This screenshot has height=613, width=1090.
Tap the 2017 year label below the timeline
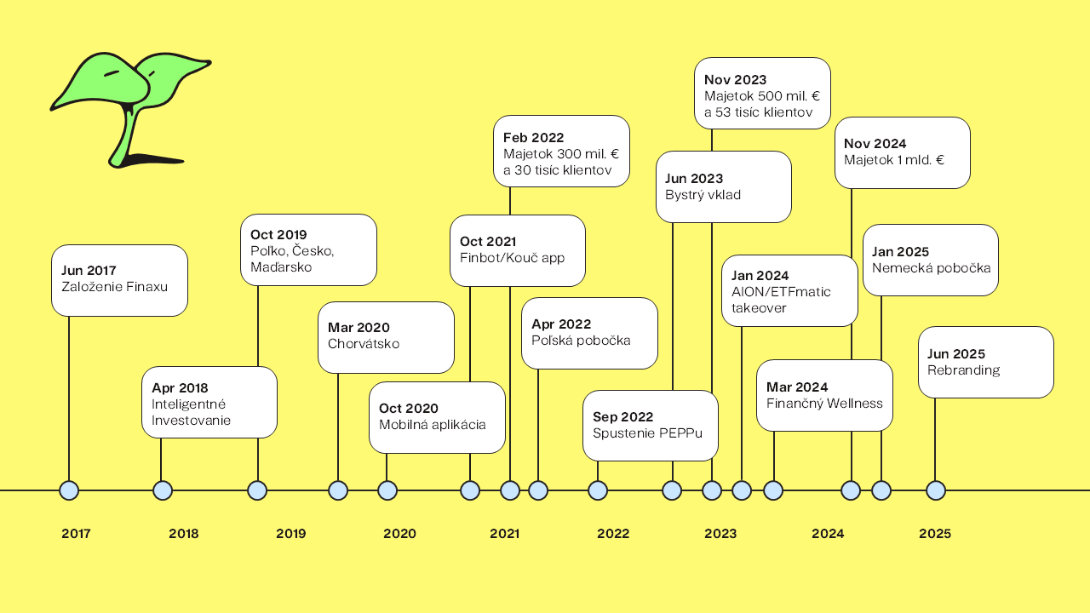pyautogui.click(x=76, y=534)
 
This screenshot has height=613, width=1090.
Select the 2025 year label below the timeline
pyautogui.click(x=935, y=534)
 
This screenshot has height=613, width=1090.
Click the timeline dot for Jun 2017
pyautogui.click(x=69, y=490)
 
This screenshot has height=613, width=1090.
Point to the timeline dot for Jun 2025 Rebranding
pyautogui.click(x=935, y=490)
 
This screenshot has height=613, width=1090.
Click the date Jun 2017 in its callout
pyautogui.click(x=89, y=271)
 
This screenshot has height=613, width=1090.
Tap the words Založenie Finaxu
pyautogui.click(x=114, y=287)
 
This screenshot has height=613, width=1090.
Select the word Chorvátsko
pyautogui.click(x=364, y=344)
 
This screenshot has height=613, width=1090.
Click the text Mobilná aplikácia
pyautogui.click(x=432, y=425)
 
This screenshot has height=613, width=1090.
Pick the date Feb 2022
pyautogui.click(x=533, y=138)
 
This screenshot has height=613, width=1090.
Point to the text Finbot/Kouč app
pyautogui.click(x=512, y=258)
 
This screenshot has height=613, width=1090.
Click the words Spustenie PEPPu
pyautogui.click(x=647, y=433)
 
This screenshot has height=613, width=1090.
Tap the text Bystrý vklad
pyautogui.click(x=703, y=195)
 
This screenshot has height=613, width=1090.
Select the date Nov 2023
pyautogui.click(x=735, y=80)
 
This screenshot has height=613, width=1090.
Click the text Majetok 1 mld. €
pyautogui.click(x=894, y=160)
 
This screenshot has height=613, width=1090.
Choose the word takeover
pyautogui.click(x=759, y=308)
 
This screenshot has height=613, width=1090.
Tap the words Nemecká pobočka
pyautogui.click(x=931, y=268)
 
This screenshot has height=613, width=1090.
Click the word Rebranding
pyautogui.click(x=963, y=370)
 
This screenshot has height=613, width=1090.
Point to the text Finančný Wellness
pyautogui.click(x=824, y=404)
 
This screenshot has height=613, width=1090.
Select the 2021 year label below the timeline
pyautogui.click(x=505, y=534)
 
